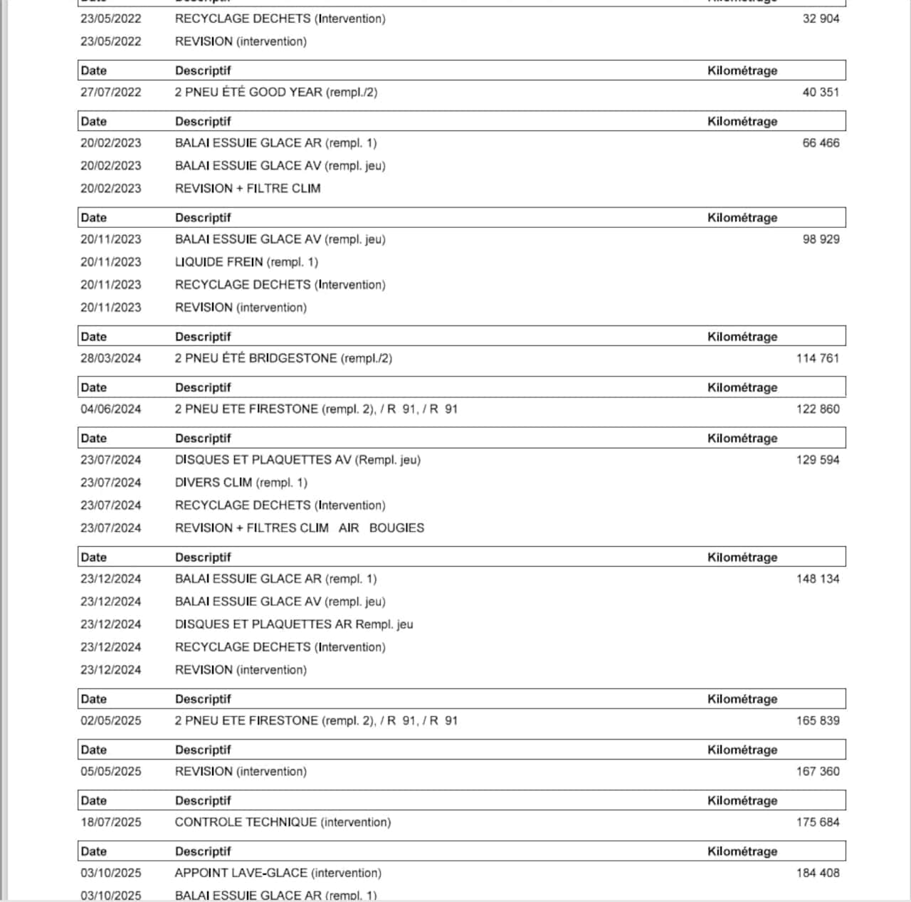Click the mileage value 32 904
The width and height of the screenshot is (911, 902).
click(821, 19)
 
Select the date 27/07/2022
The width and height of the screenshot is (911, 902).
click(110, 92)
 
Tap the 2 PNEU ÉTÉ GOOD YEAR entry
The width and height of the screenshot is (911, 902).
click(275, 92)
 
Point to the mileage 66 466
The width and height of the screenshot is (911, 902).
click(821, 143)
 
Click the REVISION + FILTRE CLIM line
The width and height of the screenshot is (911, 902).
click(248, 189)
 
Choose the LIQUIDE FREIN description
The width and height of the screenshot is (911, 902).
click(246, 262)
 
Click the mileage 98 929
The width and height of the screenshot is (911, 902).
click(821, 239)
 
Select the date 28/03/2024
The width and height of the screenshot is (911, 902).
click(110, 358)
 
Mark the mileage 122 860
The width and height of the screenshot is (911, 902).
click(818, 409)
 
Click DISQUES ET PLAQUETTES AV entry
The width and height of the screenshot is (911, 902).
click(297, 460)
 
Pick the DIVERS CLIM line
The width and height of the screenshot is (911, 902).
click(241, 483)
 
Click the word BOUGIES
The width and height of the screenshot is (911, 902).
click(396, 528)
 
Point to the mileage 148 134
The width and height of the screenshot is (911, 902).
click(818, 579)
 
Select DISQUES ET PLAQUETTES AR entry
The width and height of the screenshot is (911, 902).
click(293, 624)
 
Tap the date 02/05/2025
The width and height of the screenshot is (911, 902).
click(110, 720)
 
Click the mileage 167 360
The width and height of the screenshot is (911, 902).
click(818, 772)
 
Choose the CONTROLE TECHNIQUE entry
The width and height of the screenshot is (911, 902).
click(283, 822)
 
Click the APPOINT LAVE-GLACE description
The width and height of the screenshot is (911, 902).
click(278, 873)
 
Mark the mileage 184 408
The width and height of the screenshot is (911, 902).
click(818, 873)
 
